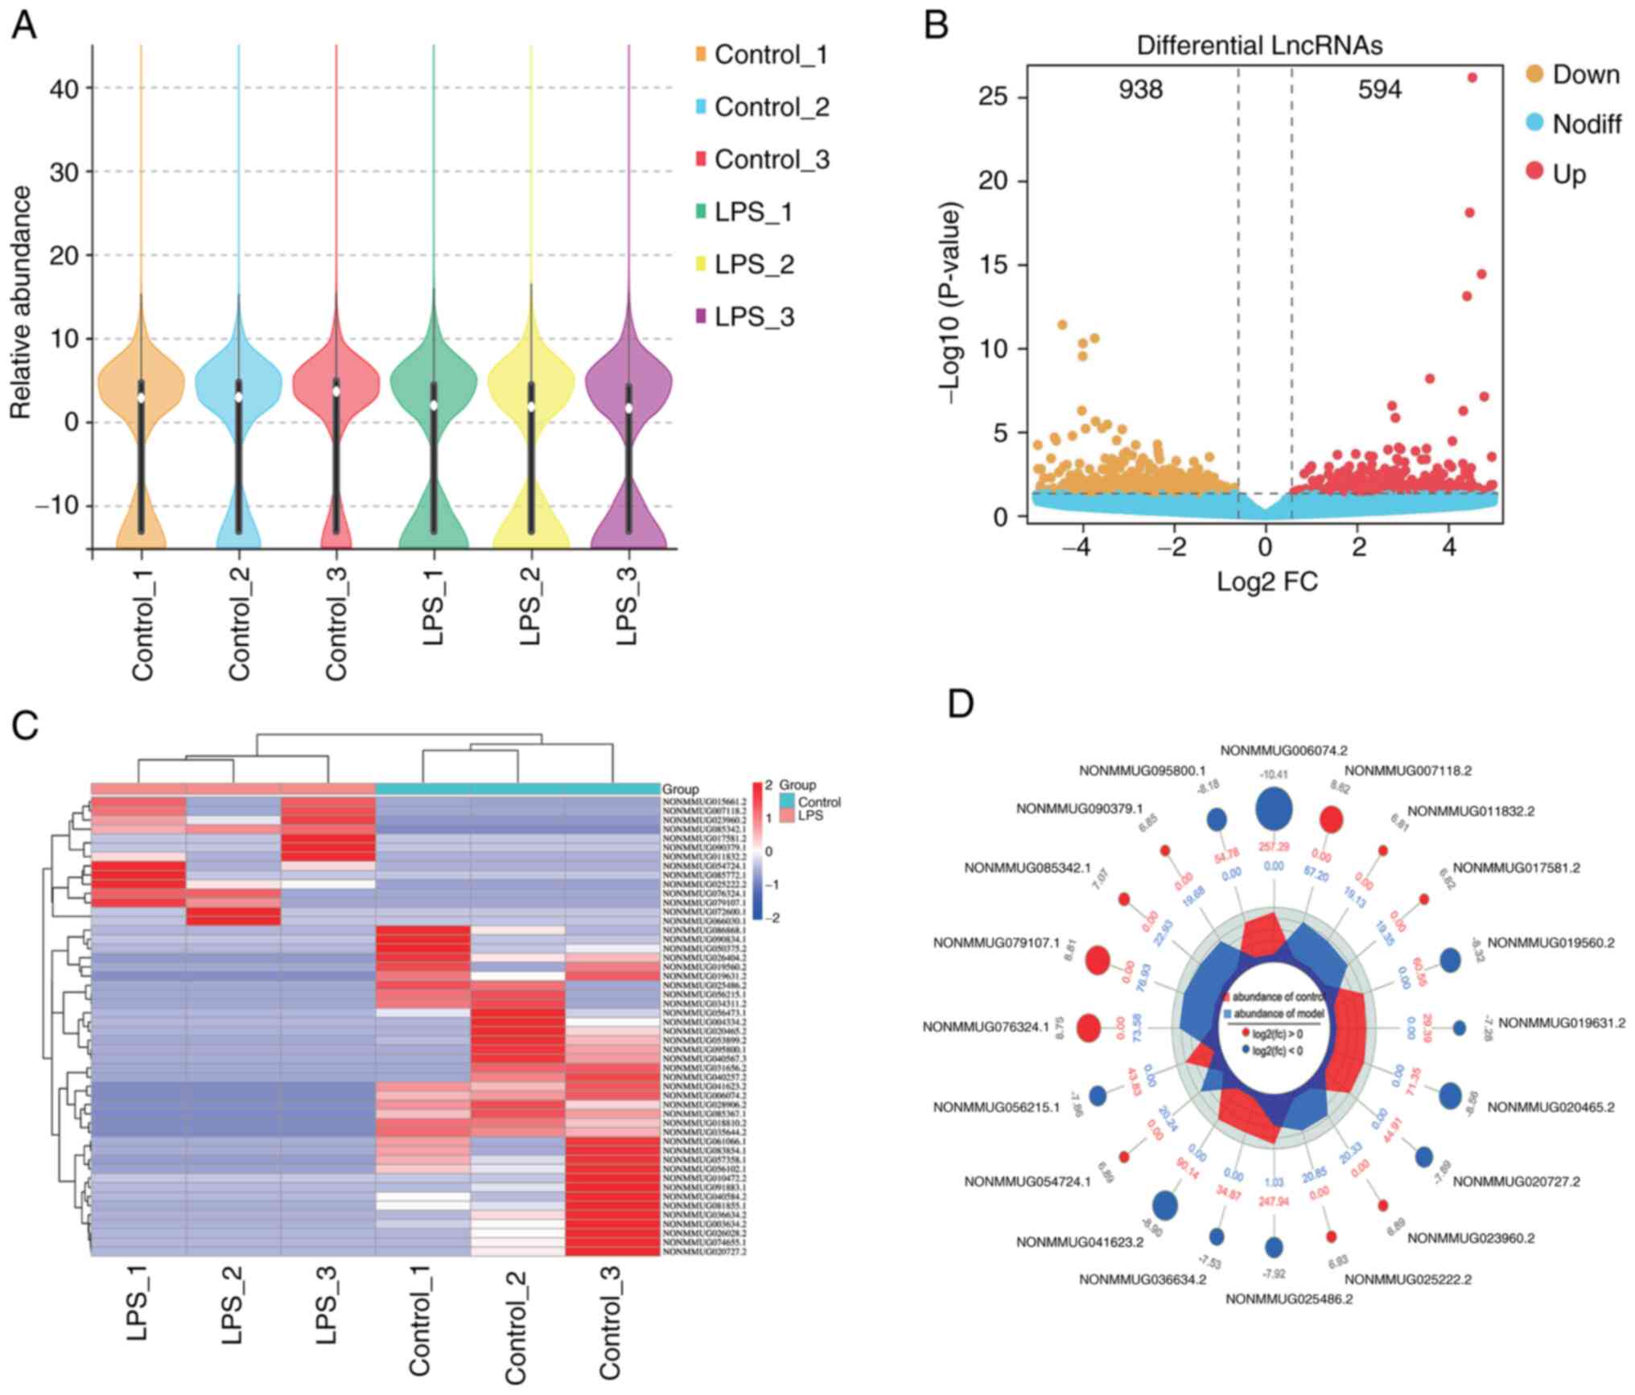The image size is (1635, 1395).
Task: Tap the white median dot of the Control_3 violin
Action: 336,391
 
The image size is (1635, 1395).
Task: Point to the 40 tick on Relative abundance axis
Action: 64,88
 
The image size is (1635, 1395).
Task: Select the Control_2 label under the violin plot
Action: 239,623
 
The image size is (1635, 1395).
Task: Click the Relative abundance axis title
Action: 21,302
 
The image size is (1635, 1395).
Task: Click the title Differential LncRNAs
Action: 1259,46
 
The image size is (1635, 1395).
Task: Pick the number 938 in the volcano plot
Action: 1140,89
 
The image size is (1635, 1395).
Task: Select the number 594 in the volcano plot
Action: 1379,89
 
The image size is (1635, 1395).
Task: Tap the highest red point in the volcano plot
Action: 1472,78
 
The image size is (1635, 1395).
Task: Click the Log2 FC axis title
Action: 1266,581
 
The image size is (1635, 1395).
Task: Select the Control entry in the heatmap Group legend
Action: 819,802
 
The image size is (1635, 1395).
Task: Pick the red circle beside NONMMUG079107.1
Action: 1098,960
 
